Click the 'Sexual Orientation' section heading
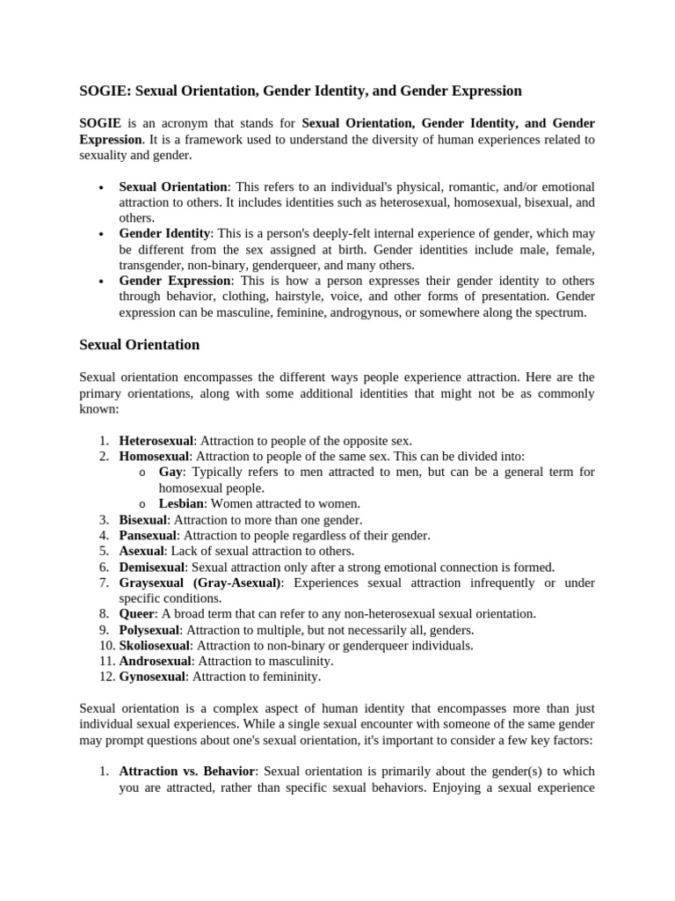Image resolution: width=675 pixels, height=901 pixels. [139, 345]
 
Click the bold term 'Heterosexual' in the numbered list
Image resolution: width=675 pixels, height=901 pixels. [156, 441]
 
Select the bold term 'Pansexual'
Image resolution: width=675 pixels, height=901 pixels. [148, 535]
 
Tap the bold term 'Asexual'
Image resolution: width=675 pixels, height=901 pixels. [142, 551]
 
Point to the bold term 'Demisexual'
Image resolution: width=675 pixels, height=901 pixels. [153, 567]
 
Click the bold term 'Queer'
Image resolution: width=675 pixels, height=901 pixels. [137, 613]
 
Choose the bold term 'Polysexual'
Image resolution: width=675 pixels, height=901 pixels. [149, 629]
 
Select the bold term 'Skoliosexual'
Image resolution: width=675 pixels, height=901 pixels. [154, 645]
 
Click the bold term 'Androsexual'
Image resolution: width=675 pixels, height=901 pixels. [155, 661]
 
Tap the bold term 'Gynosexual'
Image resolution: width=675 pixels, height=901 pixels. [152, 677]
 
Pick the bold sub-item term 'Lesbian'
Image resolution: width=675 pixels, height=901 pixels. [181, 504]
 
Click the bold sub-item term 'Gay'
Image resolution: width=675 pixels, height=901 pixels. [171, 472]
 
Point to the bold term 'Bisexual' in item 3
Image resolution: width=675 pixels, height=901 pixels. [142, 519]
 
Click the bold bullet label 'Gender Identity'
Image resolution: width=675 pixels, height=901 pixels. [164, 234]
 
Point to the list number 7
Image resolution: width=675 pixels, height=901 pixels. [104, 582]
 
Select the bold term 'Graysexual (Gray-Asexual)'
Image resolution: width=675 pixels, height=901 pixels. [200, 582]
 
